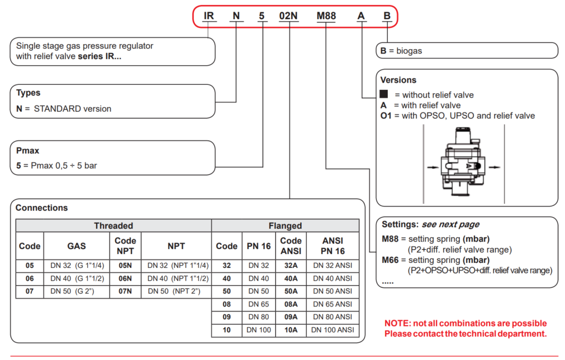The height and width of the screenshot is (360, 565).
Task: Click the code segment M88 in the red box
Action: tap(326, 16)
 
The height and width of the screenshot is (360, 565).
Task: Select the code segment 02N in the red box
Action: tap(289, 16)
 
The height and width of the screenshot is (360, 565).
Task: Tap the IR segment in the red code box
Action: tap(209, 16)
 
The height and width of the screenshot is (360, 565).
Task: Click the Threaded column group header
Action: tap(114, 225)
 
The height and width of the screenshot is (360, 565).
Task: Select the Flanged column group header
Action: tap(285, 225)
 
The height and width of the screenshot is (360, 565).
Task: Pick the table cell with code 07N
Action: tap(125, 291)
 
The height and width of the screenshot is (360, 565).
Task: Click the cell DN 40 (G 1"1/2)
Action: tap(77, 278)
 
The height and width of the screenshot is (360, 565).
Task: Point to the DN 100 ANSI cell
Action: tap(332, 330)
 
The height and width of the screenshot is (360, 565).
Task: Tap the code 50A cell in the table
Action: tap(291, 291)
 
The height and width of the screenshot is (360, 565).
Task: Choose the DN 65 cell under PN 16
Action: tap(259, 304)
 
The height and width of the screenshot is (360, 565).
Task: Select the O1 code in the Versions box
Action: tap(386, 116)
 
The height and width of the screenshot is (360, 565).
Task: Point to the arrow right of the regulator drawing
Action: tap(494, 167)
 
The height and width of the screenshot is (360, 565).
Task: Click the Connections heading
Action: tap(42, 208)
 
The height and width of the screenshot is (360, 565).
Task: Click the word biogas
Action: tap(409, 51)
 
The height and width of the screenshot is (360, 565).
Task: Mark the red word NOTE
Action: tap(398, 323)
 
